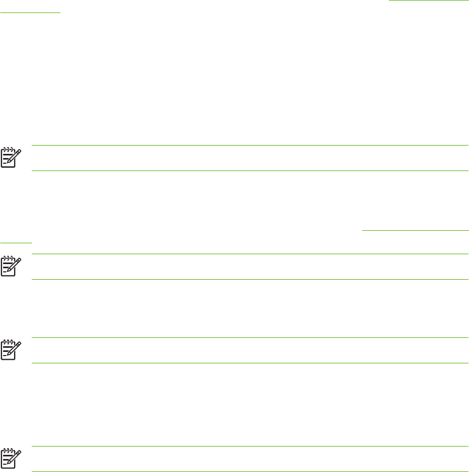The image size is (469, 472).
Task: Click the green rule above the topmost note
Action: click(250, 146)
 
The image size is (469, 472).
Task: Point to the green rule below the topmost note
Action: click(250, 171)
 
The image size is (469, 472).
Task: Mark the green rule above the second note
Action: click(250, 254)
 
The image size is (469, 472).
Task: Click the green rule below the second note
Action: click(250, 280)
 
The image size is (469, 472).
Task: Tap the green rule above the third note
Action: click(250, 338)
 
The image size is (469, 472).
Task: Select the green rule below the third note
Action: click(250, 363)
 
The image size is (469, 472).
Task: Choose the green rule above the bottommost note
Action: click(250, 447)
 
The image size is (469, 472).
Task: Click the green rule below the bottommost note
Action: click(250, 471)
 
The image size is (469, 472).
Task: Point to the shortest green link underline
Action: click(16, 242)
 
